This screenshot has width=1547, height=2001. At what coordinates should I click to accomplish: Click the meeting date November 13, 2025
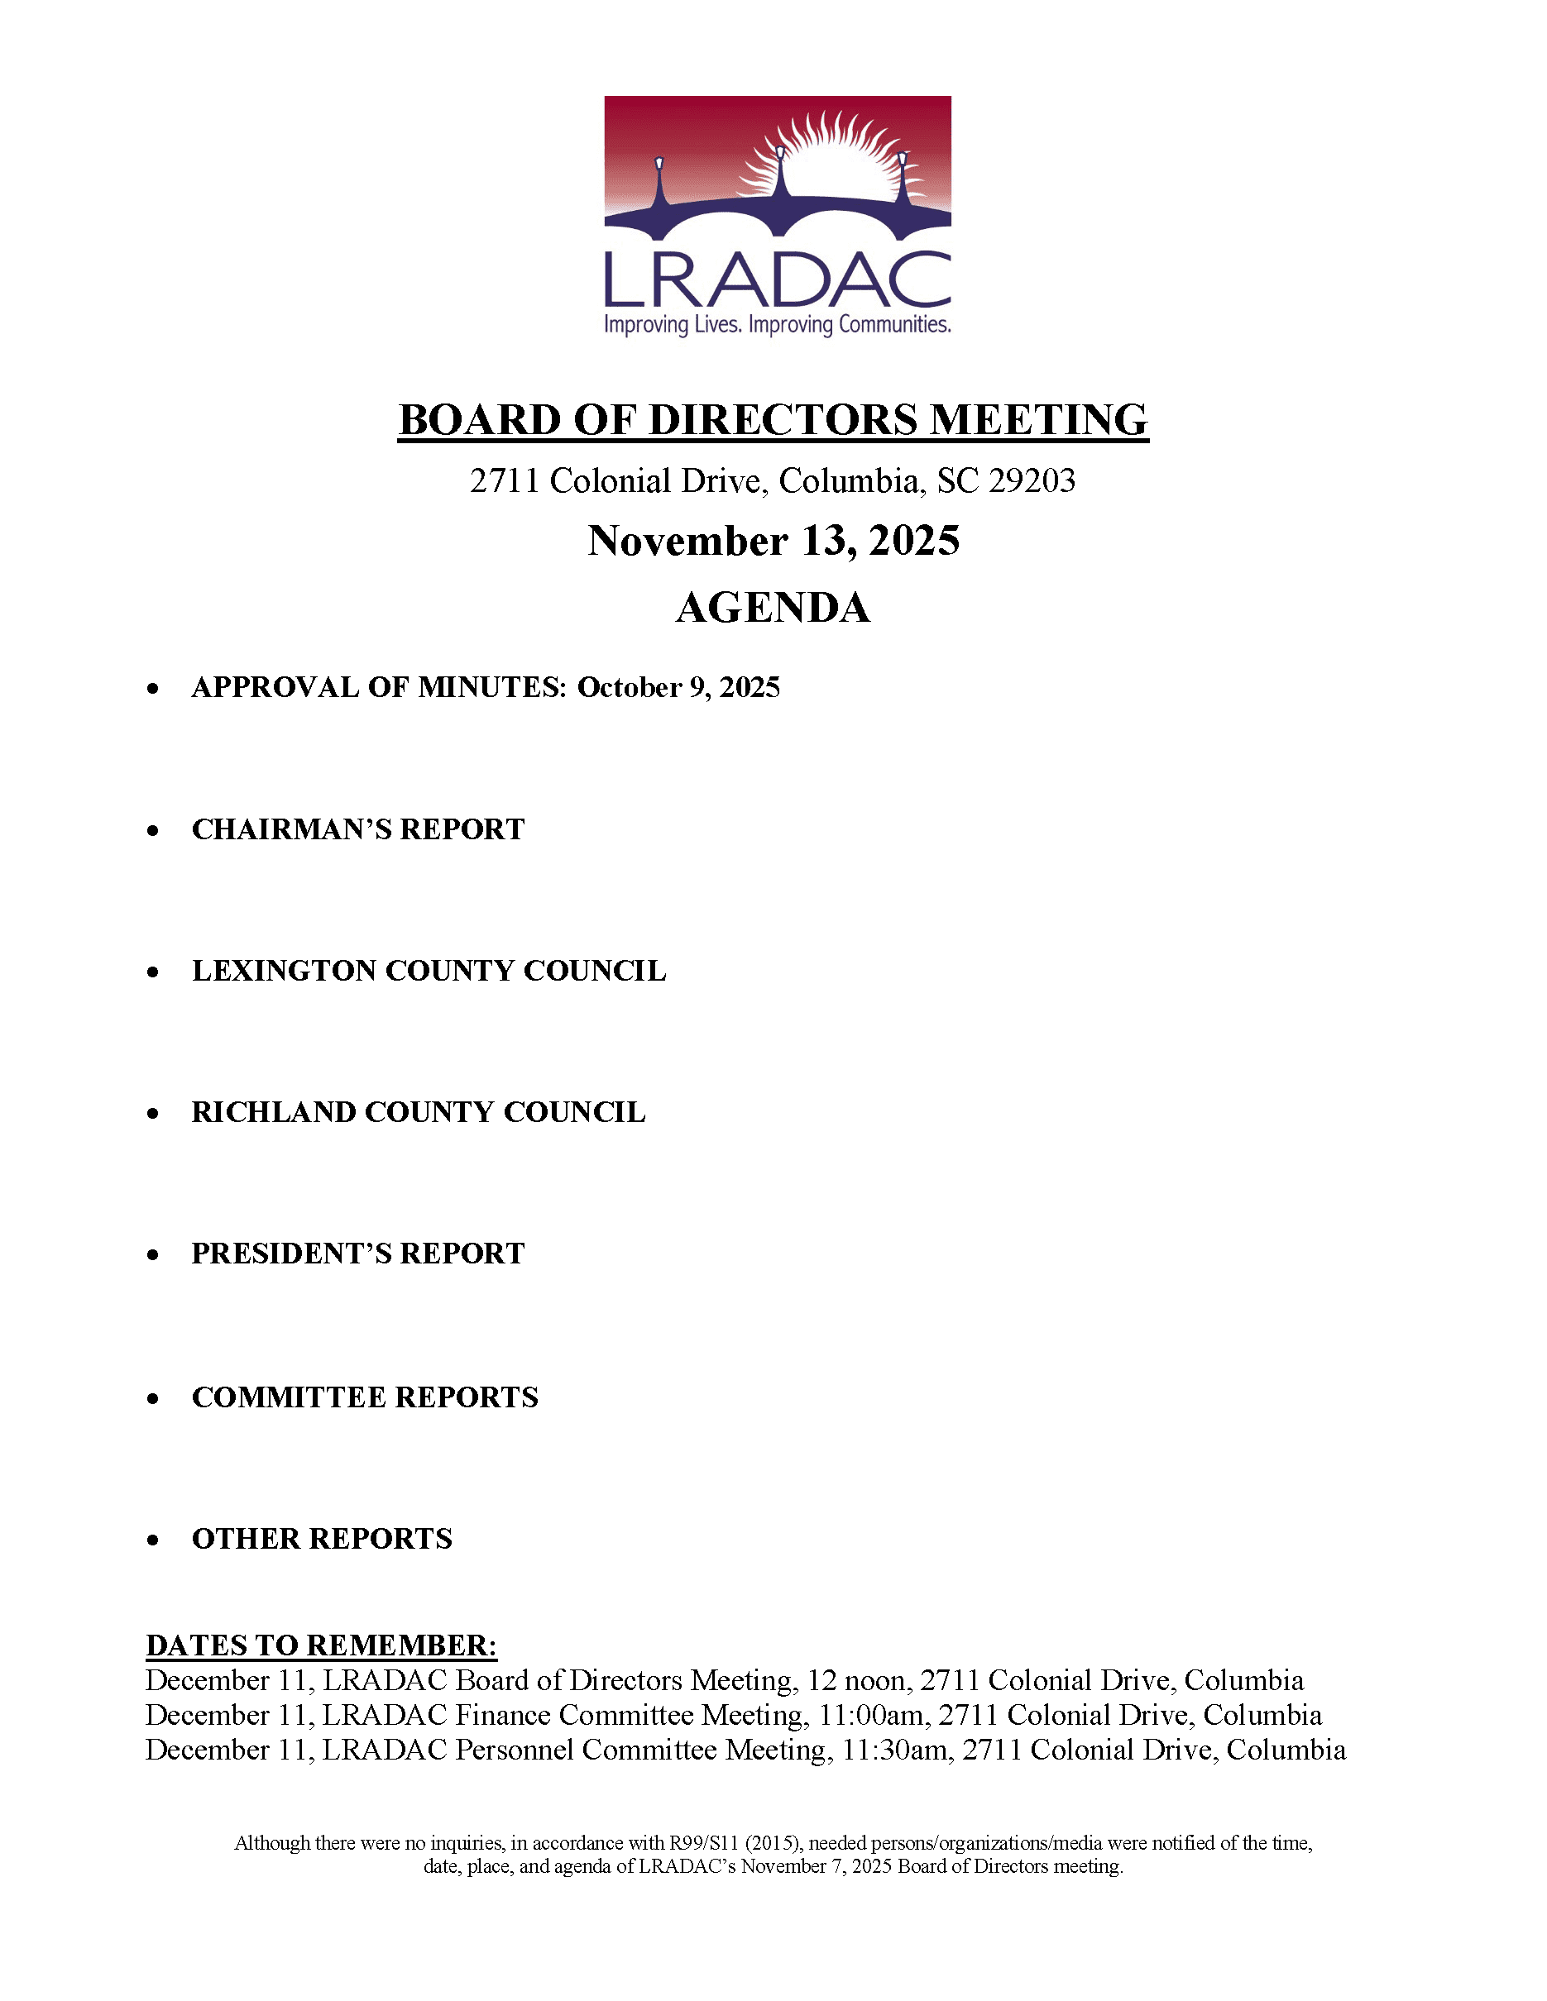point(773,541)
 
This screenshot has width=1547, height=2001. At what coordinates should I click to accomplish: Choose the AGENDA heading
point(773,608)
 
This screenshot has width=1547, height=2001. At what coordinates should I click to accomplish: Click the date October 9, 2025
point(678,687)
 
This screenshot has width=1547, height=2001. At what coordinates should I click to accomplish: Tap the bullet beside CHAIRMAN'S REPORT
point(153,831)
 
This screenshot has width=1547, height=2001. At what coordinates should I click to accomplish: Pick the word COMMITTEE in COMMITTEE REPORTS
point(289,1397)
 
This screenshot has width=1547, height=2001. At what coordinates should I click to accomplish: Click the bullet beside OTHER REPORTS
point(153,1540)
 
